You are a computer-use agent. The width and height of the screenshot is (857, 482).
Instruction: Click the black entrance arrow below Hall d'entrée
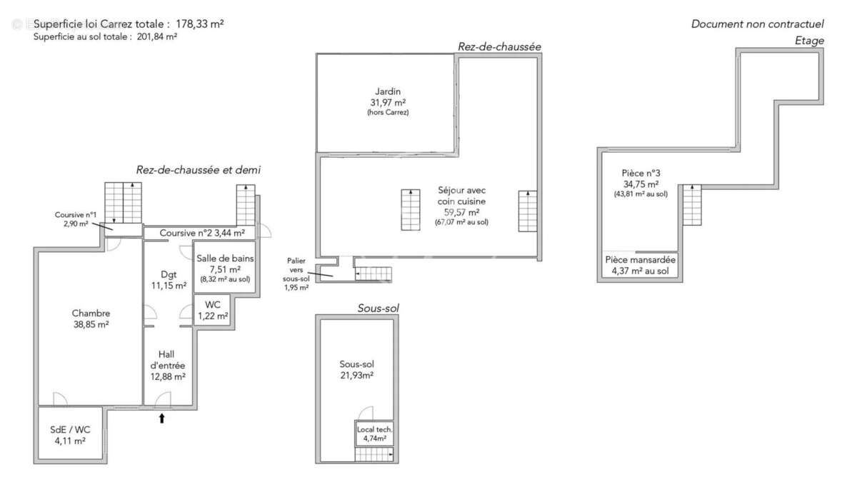point(161,418)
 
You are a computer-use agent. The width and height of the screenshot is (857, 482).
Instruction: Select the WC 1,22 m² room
point(213,311)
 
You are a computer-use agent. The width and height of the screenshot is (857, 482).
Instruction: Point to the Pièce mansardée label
point(641,265)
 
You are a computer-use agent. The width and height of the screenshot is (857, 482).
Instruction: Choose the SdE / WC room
point(70,436)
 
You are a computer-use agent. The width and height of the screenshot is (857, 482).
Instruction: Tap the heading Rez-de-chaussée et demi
point(198,170)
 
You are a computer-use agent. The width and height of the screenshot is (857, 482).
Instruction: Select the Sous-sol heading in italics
point(378,308)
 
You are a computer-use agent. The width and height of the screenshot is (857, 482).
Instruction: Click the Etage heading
point(809,41)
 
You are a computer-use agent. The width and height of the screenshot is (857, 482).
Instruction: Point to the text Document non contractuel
point(757,24)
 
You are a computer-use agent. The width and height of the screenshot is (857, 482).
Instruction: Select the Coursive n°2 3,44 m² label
point(202,233)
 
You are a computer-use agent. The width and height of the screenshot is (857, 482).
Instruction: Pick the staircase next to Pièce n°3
point(691,204)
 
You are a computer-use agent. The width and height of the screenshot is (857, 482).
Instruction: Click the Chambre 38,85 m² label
point(91,318)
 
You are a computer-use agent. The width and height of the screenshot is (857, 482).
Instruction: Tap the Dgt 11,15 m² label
point(169,279)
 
